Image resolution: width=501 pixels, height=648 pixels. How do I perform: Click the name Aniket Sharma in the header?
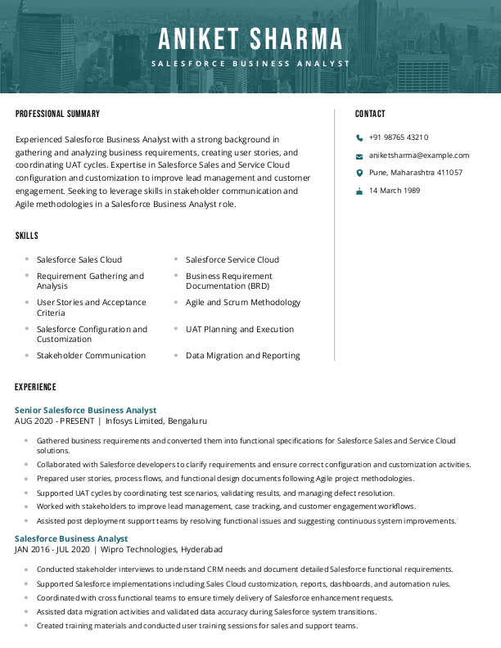[250, 39]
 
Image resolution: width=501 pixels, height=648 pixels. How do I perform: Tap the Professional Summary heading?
[57, 114]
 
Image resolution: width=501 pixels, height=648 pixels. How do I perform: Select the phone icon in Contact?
[359, 138]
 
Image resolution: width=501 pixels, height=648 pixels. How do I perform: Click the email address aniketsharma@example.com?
[419, 155]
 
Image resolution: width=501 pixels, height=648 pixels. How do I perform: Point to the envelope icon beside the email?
[359, 155]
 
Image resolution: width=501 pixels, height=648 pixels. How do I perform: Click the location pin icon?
[359, 173]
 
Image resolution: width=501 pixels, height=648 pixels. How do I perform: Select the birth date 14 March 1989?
[394, 191]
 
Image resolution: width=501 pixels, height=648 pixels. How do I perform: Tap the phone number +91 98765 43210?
[399, 137]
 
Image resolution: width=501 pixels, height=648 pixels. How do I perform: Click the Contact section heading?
[370, 114]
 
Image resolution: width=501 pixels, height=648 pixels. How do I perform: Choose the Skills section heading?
[27, 236]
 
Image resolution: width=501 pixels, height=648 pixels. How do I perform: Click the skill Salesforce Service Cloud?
[232, 259]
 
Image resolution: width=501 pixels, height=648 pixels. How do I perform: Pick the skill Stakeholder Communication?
[91, 356]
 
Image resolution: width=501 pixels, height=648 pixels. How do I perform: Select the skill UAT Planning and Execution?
[239, 329]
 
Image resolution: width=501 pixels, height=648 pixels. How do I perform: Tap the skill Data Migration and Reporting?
[242, 356]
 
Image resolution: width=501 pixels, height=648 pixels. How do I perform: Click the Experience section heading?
[35, 386]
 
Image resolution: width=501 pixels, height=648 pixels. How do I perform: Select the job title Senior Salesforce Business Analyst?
[85, 410]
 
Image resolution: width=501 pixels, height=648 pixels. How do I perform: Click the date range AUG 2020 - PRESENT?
[54, 421]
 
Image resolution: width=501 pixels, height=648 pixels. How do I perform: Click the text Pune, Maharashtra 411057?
[415, 173]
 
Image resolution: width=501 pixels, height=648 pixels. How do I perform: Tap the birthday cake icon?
[359, 191]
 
